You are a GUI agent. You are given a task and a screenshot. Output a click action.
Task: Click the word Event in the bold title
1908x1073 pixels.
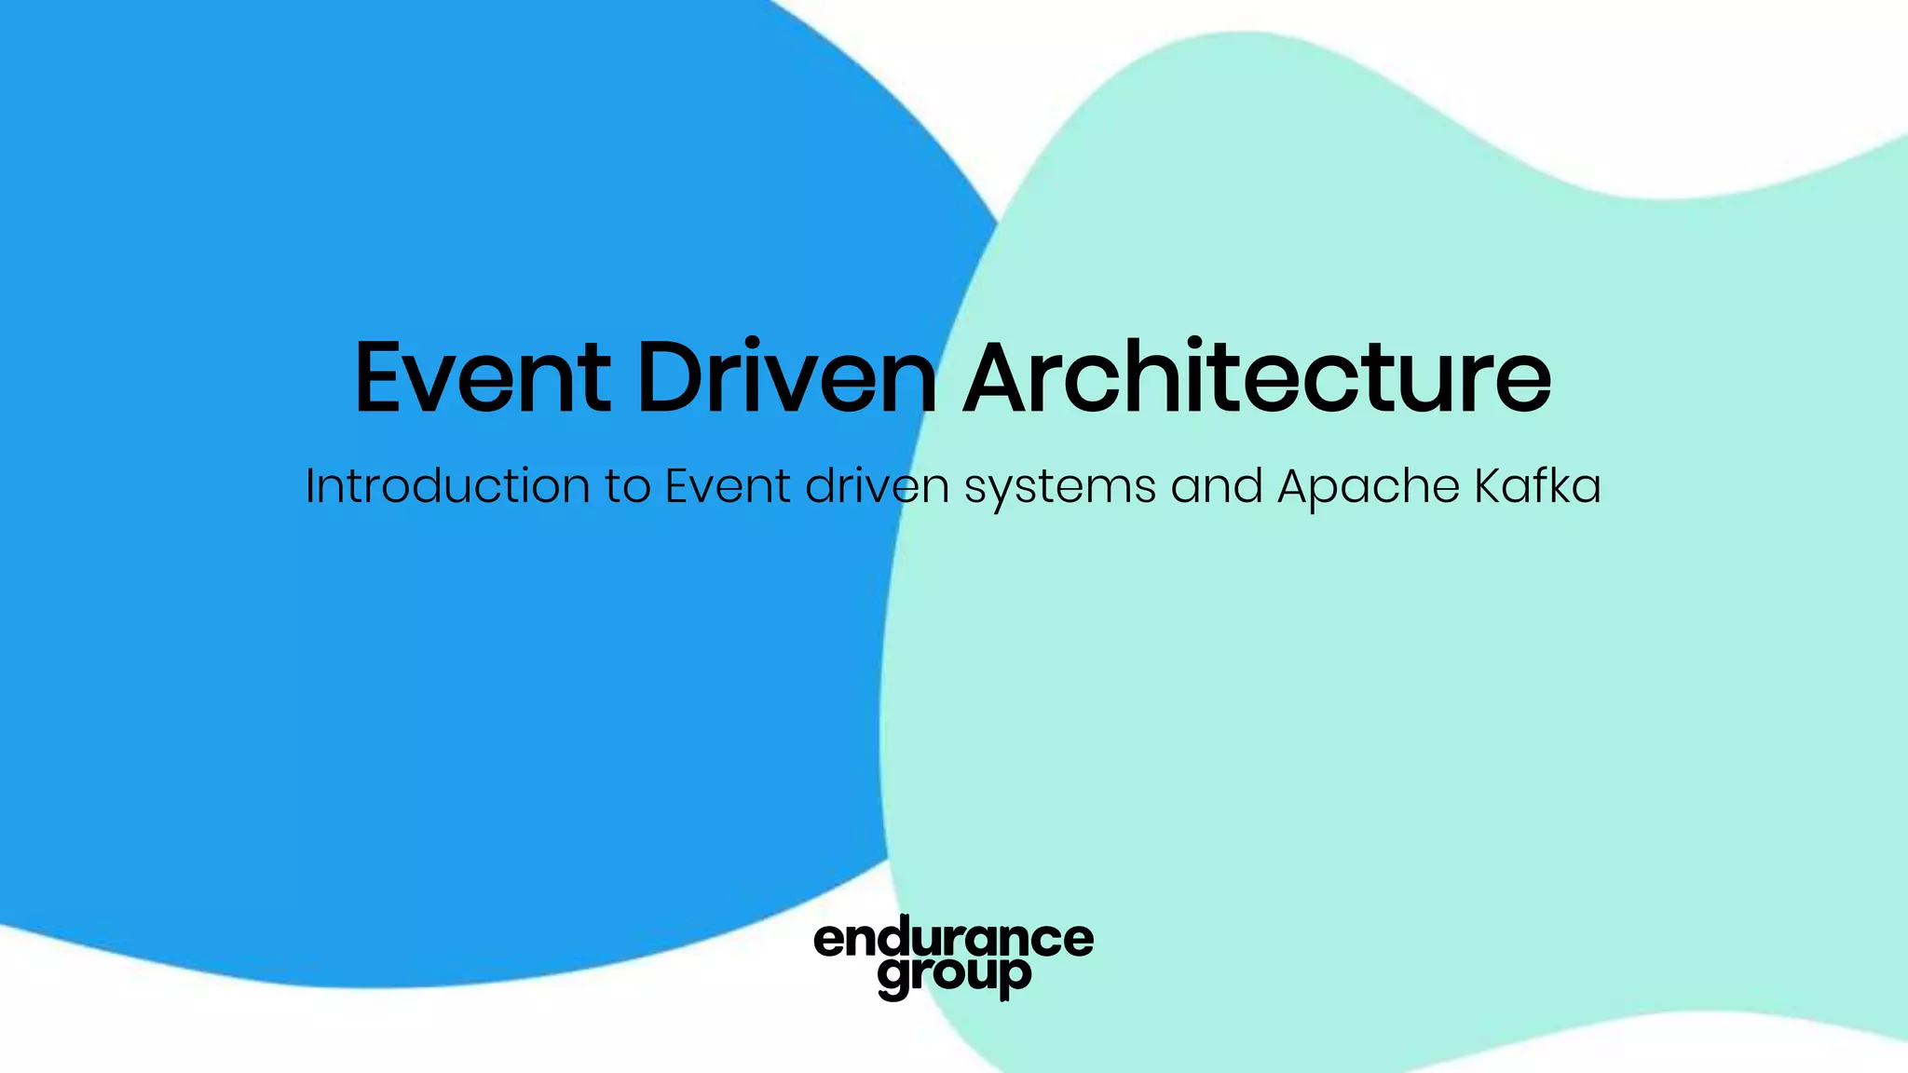coord(483,377)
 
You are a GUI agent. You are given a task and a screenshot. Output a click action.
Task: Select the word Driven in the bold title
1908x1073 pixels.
coord(787,377)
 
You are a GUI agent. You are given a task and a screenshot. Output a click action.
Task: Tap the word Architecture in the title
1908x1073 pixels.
coord(1257,377)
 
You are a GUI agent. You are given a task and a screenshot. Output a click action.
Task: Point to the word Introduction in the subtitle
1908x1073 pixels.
coord(447,486)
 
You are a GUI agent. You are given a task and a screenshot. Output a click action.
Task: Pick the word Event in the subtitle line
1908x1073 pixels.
coord(728,486)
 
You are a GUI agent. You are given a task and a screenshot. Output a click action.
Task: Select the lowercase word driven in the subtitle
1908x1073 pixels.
coord(877,486)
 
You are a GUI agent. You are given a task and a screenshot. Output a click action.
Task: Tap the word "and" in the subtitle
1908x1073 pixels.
coord(1217,486)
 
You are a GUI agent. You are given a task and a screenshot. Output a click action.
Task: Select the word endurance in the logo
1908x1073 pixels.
coord(953,939)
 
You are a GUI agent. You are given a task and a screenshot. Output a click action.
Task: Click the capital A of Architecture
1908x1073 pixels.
coord(1005,377)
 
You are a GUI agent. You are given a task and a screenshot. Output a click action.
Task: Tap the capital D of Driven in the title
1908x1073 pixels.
coord(671,377)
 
